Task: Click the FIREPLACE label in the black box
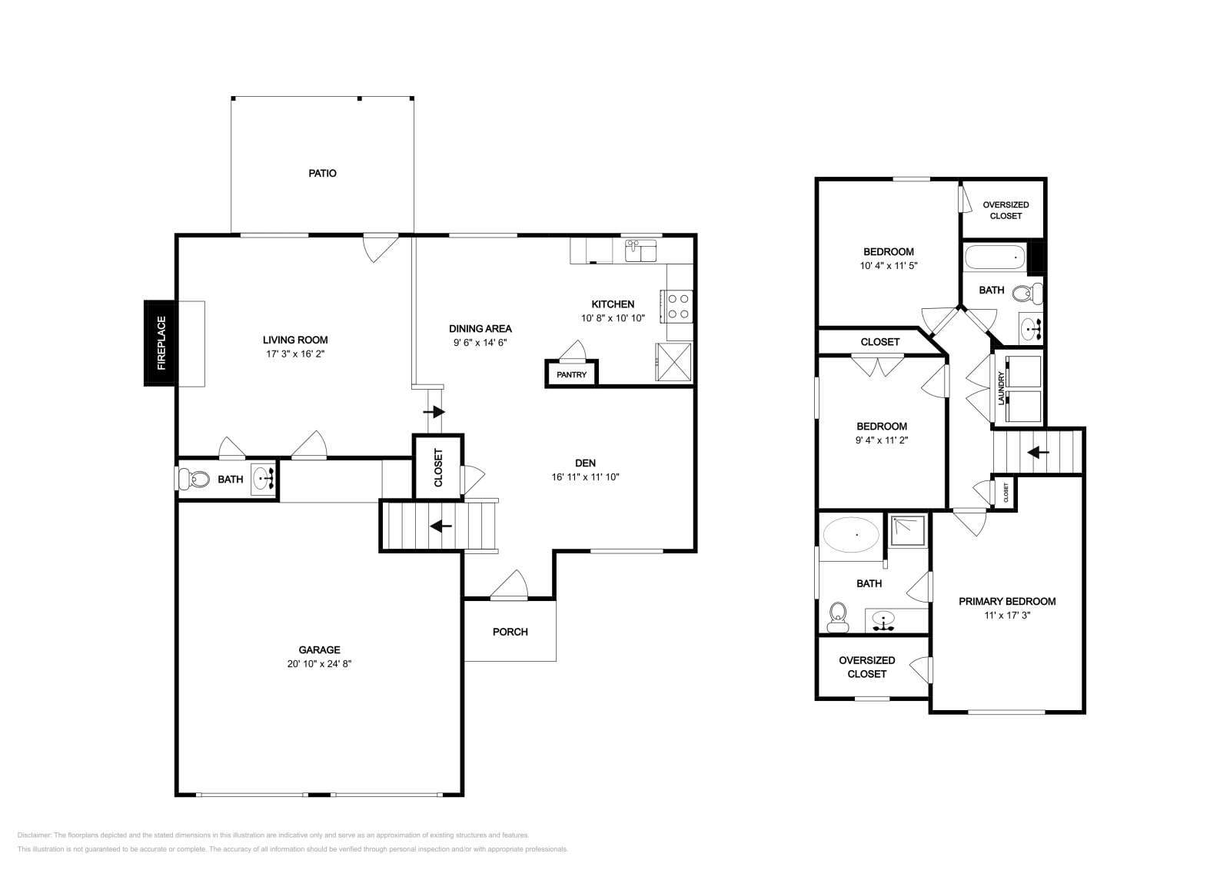pyautogui.click(x=161, y=343)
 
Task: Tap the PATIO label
pyautogui.click(x=322, y=174)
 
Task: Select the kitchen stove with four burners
pyautogui.click(x=678, y=307)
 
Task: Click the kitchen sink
pyautogui.click(x=640, y=251)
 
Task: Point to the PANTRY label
pyautogui.click(x=572, y=375)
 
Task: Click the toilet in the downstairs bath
pyautogui.click(x=194, y=479)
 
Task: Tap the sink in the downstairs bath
pyautogui.click(x=264, y=479)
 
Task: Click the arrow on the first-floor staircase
pyautogui.click(x=440, y=526)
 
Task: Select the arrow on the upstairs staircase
pyautogui.click(x=1038, y=453)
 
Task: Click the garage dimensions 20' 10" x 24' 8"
pyautogui.click(x=319, y=663)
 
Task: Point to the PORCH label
pyautogui.click(x=510, y=632)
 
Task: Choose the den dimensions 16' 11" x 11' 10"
pyautogui.click(x=585, y=477)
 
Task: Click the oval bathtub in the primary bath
pyautogui.click(x=850, y=534)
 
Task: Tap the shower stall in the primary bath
pyautogui.click(x=908, y=531)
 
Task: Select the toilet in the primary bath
pyautogui.click(x=837, y=617)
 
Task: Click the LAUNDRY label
pyautogui.click(x=1001, y=388)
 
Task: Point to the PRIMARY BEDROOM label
pyautogui.click(x=1007, y=602)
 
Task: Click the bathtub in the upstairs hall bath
pyautogui.click(x=995, y=257)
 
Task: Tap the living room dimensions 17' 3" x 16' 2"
pyautogui.click(x=295, y=354)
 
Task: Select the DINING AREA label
pyautogui.click(x=480, y=329)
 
